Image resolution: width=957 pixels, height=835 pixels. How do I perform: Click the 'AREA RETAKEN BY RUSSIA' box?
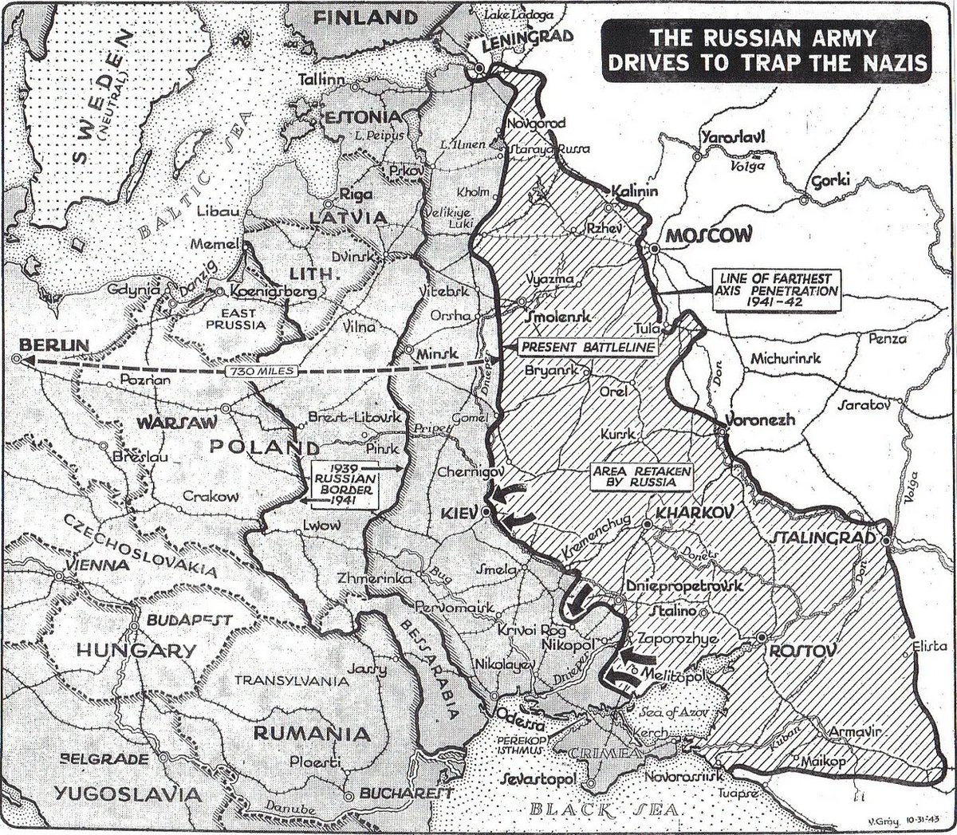(640, 476)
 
